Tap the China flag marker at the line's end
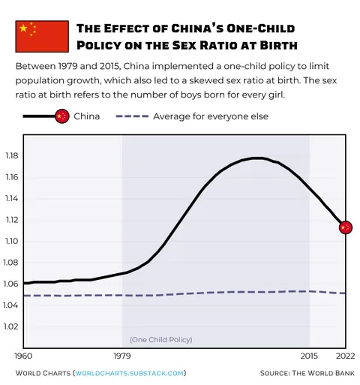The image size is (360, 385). coord(346,227)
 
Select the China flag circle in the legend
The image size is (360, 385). coord(62,116)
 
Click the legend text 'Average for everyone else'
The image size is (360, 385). coord(211,116)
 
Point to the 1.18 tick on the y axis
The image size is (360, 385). coord(11,156)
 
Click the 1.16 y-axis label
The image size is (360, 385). coord(11,177)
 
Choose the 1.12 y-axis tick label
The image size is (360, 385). coord(11,220)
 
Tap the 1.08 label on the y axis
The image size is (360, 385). coord(11,263)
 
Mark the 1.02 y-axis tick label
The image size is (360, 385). coord(11,326)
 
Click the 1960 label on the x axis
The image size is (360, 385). coord(25,355)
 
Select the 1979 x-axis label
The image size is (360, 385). coord(123,355)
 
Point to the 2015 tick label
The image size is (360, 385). coord(309,355)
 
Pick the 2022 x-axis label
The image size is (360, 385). coord(346,355)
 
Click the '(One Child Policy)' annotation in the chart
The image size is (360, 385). coord(161,339)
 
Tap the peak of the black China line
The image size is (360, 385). coord(256,158)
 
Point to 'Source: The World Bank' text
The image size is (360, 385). coord(307,373)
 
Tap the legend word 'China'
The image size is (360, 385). coord(87,116)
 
